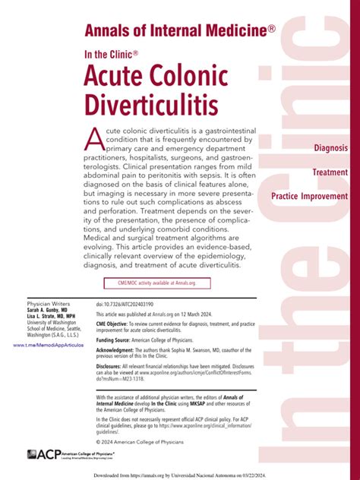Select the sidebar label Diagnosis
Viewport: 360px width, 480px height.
coord(331,147)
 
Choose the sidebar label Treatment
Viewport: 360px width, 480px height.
coord(330,172)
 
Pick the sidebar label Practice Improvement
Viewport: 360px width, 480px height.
coord(309,197)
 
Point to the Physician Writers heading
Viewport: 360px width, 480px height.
coord(47,302)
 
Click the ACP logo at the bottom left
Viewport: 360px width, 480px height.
coord(42,454)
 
